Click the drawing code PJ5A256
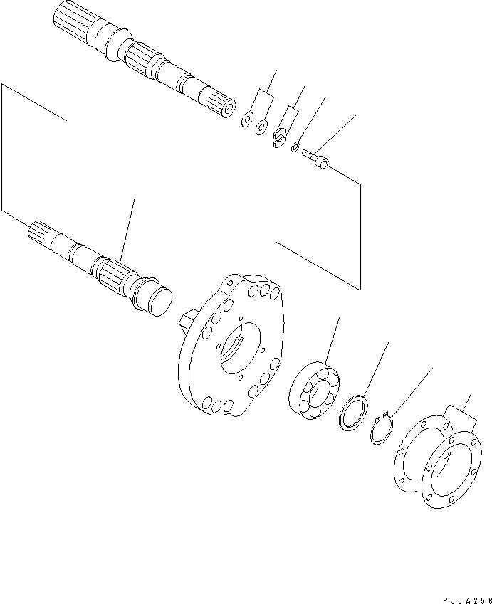[x=467, y=600]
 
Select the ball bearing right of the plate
[x=314, y=391]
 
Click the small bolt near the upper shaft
[x=315, y=159]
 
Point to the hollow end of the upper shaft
[x=230, y=108]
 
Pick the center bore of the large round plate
[x=241, y=349]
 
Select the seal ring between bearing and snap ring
[x=353, y=413]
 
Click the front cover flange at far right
[x=452, y=469]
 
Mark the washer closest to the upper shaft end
[x=247, y=119]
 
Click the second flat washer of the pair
[x=261, y=127]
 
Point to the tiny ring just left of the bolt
[x=295, y=147]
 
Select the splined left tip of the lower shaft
[x=41, y=233]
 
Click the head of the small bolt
[x=323, y=163]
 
